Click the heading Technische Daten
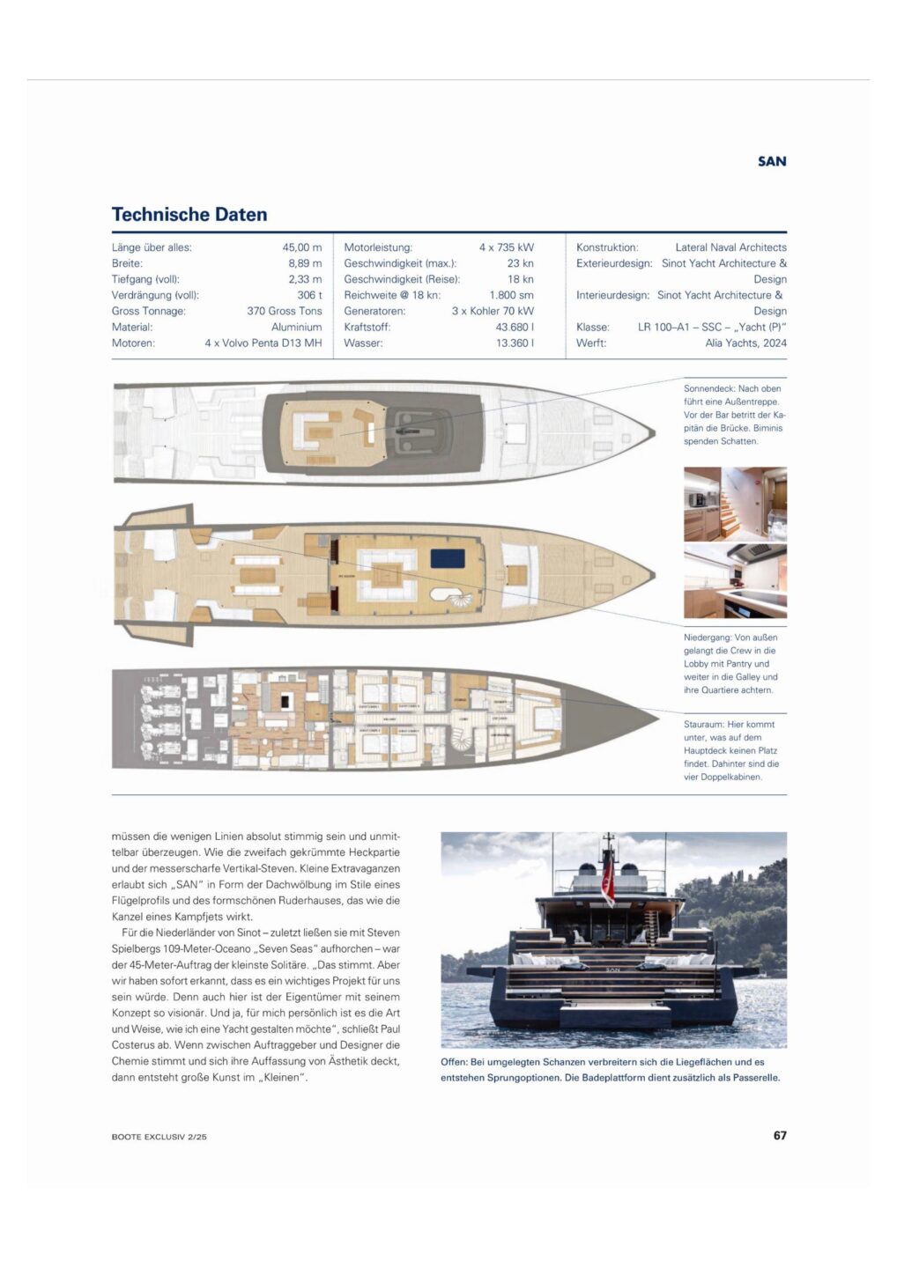(x=189, y=214)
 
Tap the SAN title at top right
(x=772, y=161)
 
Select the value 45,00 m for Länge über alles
(x=302, y=247)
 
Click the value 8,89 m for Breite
(x=305, y=263)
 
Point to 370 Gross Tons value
(x=285, y=311)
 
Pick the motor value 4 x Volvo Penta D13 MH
(x=263, y=343)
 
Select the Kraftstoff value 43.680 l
(x=515, y=327)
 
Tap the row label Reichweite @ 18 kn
(x=392, y=295)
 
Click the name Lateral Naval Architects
(x=730, y=247)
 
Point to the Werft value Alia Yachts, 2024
(x=745, y=343)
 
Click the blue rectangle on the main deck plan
(x=448, y=558)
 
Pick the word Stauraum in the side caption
(x=704, y=725)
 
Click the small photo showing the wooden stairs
(x=735, y=504)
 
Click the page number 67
(x=780, y=1135)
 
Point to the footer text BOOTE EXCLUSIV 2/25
(x=159, y=1137)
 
